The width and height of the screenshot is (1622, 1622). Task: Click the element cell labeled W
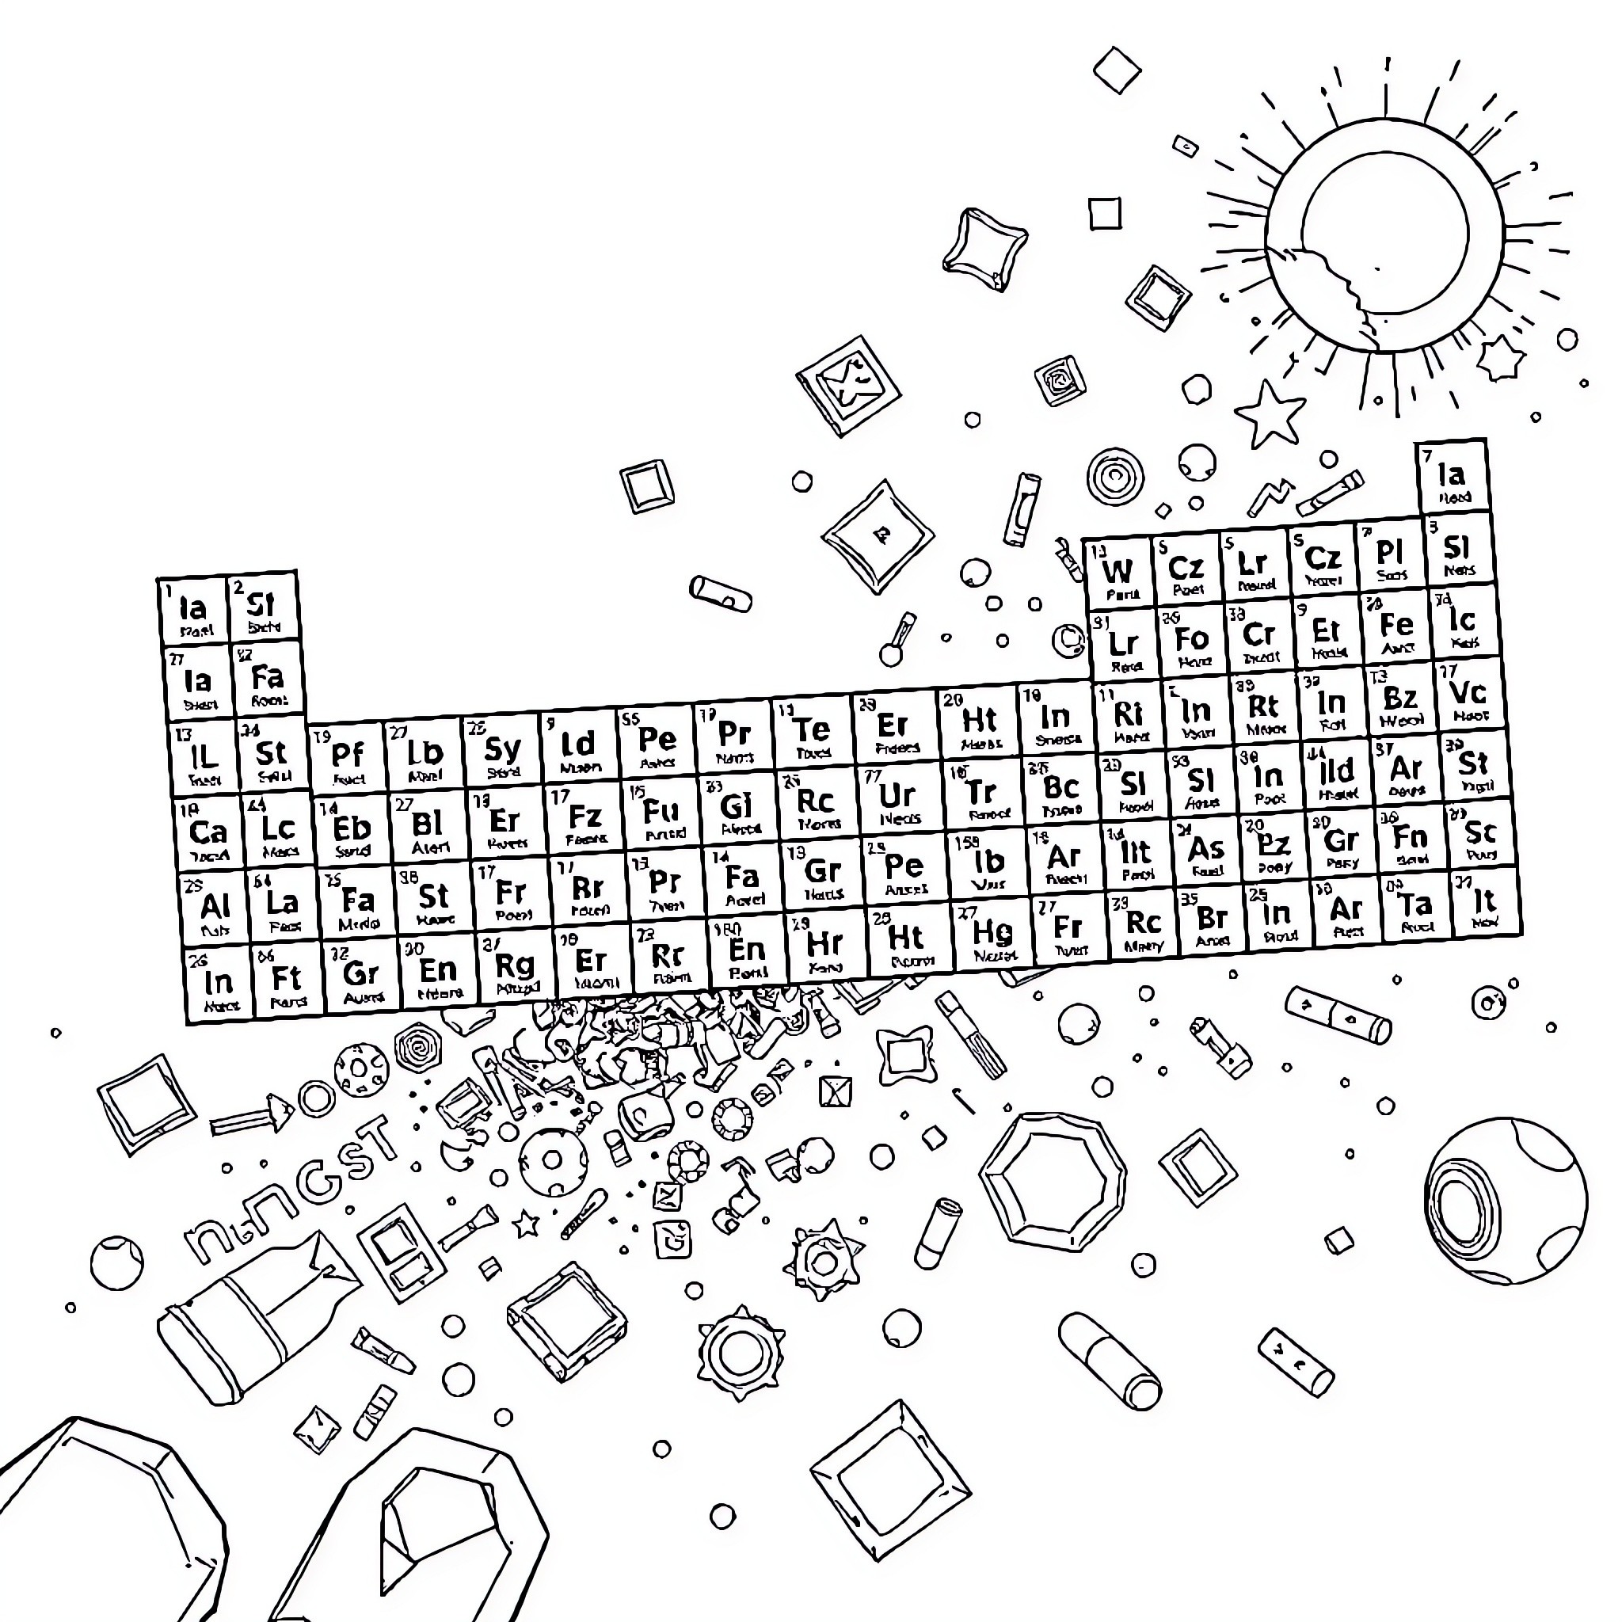tap(1119, 575)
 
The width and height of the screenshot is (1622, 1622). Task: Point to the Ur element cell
tap(897, 799)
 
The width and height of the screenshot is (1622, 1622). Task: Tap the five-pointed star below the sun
tap(1269, 415)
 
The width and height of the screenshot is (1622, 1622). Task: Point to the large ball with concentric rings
tap(1506, 1201)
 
